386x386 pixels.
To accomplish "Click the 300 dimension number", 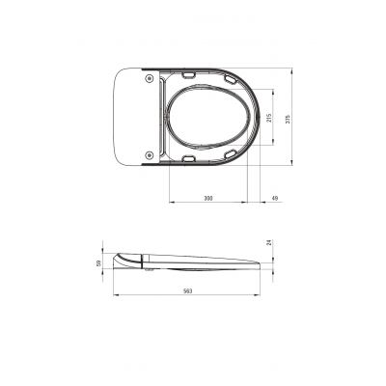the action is coord(208,198).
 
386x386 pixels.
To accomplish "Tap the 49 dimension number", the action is coord(275,198).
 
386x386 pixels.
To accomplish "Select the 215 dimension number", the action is coord(269,118).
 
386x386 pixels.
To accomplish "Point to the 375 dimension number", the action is coord(288,118).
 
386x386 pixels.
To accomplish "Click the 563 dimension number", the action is coord(187,291).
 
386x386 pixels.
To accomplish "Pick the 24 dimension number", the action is coord(269,243).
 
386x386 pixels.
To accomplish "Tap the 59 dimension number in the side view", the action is coord(98,263).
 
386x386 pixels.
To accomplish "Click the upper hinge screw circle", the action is coord(149,78).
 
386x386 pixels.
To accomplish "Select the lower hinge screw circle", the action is coord(149,155).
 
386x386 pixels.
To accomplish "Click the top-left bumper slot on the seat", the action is coord(189,75).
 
